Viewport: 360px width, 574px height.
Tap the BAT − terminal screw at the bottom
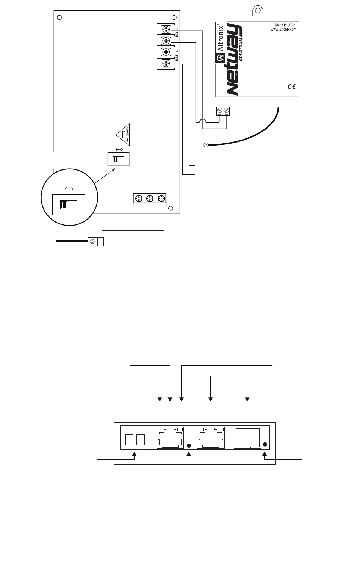click(x=166, y=63)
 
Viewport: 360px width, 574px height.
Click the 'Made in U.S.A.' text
click(x=285, y=25)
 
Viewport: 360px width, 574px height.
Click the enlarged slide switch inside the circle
click(x=69, y=205)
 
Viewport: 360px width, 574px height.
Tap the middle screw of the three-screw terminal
click(x=150, y=198)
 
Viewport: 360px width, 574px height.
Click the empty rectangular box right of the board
click(x=218, y=170)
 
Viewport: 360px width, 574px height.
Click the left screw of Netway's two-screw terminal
click(x=219, y=110)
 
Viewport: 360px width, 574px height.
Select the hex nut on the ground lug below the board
click(x=92, y=242)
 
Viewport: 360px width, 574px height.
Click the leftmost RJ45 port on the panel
click(x=171, y=438)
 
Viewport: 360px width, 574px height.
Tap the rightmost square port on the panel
click(x=248, y=438)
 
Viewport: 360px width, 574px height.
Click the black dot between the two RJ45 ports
click(x=189, y=445)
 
